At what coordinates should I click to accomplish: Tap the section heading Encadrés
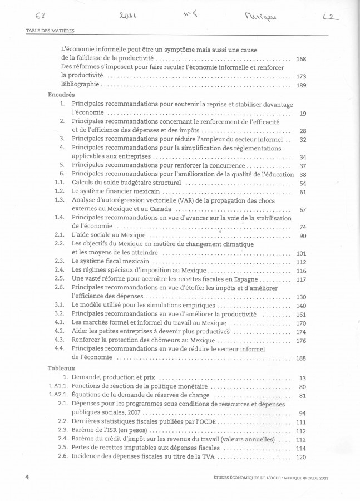(62, 95)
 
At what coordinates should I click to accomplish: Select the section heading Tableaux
(62, 368)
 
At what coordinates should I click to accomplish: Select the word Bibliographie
(80, 85)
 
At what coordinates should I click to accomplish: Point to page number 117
(302, 279)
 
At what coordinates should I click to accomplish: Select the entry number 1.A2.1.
(54, 396)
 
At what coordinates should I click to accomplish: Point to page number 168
(302, 58)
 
